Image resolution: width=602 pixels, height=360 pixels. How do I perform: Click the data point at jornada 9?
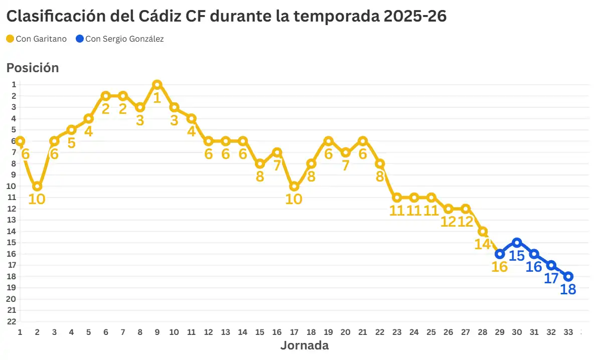tap(157, 85)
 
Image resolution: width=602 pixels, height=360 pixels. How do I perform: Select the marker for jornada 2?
tap(37, 187)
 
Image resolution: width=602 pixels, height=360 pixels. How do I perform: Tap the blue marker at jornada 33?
tap(568, 277)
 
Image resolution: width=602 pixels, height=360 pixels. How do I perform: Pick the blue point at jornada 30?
tap(517, 243)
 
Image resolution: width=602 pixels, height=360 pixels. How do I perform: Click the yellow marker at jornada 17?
tap(294, 187)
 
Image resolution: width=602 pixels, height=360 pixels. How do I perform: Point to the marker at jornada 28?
tap(483, 232)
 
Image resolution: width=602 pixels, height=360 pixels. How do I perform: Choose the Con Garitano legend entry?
tap(37, 39)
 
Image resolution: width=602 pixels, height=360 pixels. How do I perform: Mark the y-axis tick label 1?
tap(14, 85)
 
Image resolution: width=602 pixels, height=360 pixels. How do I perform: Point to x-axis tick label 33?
tap(568, 332)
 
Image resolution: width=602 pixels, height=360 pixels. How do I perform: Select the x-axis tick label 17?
tap(294, 332)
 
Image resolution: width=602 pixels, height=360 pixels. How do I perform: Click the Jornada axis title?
tap(304, 345)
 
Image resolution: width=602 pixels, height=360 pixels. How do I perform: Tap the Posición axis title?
tap(33, 68)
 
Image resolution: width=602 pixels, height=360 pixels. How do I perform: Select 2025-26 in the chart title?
tap(415, 16)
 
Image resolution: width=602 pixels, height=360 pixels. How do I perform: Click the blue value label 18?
tap(568, 289)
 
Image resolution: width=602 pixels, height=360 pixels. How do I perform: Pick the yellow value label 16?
tap(500, 267)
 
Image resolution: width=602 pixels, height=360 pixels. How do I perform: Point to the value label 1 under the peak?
tap(157, 97)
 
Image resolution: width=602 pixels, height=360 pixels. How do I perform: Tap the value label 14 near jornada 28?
tap(483, 244)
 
